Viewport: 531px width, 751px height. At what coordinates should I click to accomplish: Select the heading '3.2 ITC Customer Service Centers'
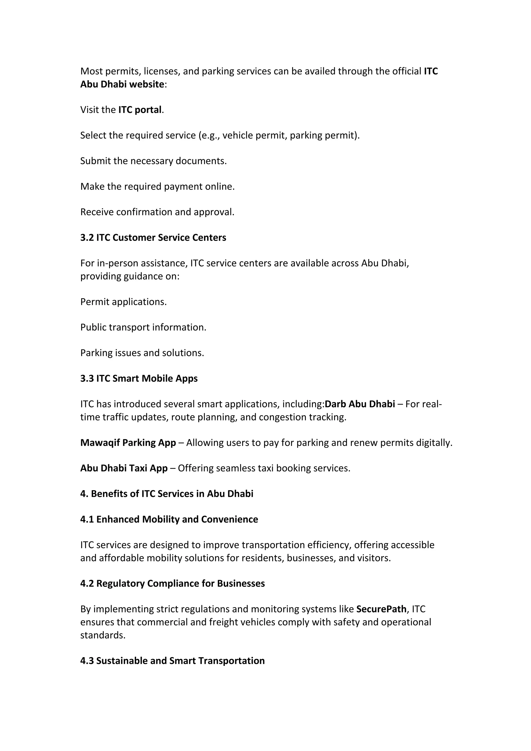[153, 238]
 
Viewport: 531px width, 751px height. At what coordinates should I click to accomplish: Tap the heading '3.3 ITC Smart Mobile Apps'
[139, 378]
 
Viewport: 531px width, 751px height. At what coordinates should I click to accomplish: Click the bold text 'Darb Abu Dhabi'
[360, 404]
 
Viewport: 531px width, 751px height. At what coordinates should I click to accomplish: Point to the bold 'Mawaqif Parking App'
[128, 443]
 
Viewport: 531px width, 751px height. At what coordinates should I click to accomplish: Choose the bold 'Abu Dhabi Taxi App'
[124, 468]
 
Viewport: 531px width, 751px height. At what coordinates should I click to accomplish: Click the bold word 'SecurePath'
[381, 609]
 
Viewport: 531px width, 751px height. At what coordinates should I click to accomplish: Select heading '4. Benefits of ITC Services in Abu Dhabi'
[167, 493]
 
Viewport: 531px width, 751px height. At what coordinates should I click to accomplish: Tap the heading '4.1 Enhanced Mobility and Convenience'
[169, 519]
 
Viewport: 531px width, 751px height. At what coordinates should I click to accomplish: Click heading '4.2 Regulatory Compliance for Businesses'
[172, 583]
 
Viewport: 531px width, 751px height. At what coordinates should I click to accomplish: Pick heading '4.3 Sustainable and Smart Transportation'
[172, 661]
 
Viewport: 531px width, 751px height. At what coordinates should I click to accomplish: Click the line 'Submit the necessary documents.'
[153, 161]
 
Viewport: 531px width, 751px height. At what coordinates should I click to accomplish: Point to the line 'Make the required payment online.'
[157, 186]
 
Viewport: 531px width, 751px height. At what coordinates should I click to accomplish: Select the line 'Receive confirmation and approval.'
[157, 212]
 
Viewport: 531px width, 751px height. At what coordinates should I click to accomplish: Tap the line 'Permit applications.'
[123, 302]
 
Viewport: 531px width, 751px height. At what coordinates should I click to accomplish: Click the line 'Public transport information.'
[143, 327]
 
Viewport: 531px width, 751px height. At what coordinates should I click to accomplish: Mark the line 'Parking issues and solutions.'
[142, 353]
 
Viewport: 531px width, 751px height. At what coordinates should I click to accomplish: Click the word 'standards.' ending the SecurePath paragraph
[103, 635]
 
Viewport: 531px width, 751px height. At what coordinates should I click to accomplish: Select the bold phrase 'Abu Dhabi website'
[122, 84]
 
